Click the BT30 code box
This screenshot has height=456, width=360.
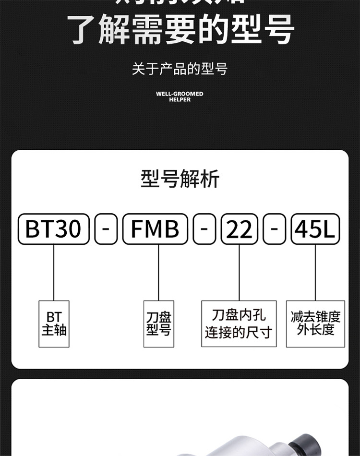tap(53, 229)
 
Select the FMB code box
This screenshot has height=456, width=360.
tap(155, 229)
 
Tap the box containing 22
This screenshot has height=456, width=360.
tap(239, 229)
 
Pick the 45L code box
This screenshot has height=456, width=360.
tap(315, 229)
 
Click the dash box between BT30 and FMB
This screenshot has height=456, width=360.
tap(106, 229)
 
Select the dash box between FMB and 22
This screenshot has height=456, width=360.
tap(204, 229)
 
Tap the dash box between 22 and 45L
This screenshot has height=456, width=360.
tap(275, 229)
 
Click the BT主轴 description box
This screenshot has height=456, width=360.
tap(54, 324)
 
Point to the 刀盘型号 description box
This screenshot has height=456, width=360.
tap(159, 324)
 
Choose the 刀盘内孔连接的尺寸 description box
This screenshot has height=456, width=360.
tap(239, 324)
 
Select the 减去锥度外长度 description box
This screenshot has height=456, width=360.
tap(315, 324)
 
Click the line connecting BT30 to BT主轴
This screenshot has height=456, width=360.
tap(54, 272)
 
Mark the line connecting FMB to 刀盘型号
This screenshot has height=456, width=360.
tap(159, 272)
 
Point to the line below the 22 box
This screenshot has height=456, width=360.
tap(239, 272)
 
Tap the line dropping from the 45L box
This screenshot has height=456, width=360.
tap(315, 272)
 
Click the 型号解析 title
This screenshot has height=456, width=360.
tap(180, 179)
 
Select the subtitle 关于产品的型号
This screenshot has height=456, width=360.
tap(180, 69)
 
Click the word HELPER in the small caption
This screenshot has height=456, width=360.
tap(180, 100)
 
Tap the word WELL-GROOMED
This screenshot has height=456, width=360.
tap(180, 94)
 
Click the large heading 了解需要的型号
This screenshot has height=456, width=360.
tap(180, 30)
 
